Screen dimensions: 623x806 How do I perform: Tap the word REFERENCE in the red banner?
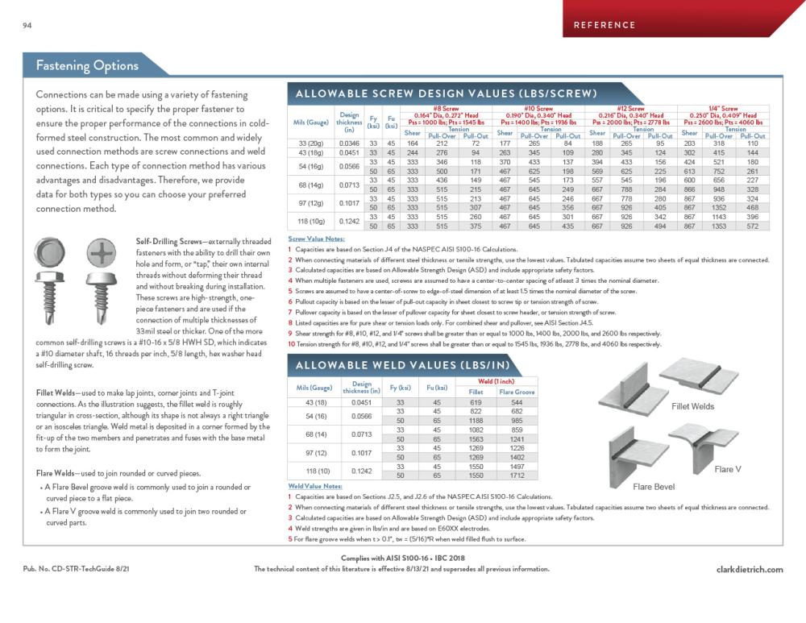pyautogui.click(x=604, y=25)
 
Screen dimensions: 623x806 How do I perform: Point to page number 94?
pyautogui.click(x=27, y=26)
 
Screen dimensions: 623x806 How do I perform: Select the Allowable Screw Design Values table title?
pyautogui.click(x=447, y=93)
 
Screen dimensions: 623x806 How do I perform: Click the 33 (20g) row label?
pyautogui.click(x=310, y=143)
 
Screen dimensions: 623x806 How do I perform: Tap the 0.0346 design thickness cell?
pyautogui.click(x=349, y=143)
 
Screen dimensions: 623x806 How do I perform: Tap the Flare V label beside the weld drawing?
pyautogui.click(x=728, y=469)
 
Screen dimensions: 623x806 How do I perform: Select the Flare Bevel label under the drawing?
pyautogui.click(x=653, y=487)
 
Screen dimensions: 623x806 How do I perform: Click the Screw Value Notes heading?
pyautogui.click(x=314, y=239)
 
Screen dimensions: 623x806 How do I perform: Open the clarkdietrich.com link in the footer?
pyautogui.click(x=749, y=569)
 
